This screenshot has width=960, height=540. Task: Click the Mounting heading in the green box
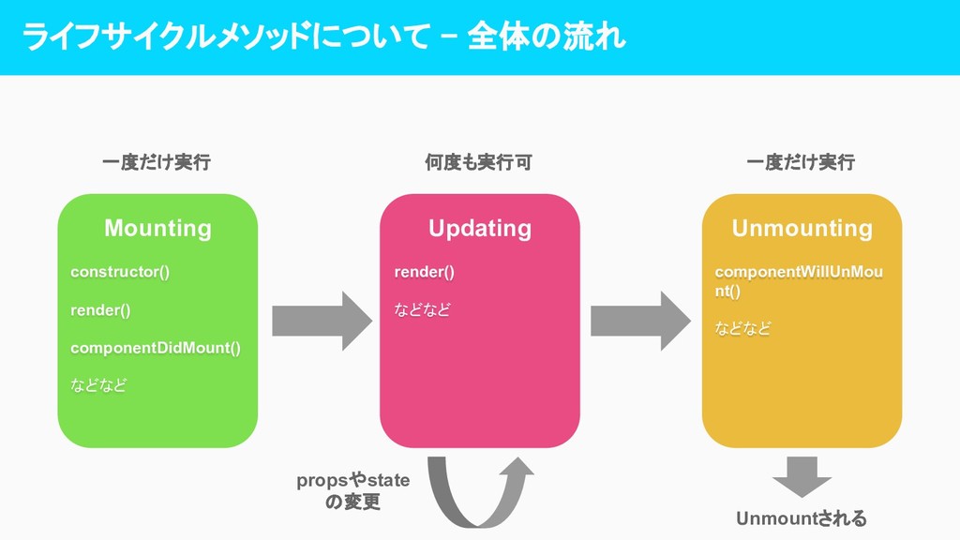[x=157, y=228]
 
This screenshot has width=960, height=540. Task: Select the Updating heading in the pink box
[x=479, y=228]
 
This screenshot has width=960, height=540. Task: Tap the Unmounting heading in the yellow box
[x=802, y=228]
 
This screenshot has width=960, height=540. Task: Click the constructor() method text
[x=120, y=272]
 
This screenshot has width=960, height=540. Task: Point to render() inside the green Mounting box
[x=100, y=310]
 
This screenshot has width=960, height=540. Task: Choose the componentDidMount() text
[x=156, y=348]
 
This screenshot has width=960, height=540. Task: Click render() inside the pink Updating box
[x=424, y=272]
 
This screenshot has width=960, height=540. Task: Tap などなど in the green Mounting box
[x=98, y=385]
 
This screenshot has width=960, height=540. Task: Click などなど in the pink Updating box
[x=422, y=310]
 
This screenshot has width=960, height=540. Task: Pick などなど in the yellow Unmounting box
[x=743, y=329]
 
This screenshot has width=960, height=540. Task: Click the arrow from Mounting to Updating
[x=322, y=321]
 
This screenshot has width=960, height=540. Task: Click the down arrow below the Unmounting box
[x=802, y=476]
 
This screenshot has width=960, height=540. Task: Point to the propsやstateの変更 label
[x=353, y=491]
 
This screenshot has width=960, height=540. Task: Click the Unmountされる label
[x=802, y=518]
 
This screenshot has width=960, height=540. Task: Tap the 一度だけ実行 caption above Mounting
[x=157, y=162]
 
